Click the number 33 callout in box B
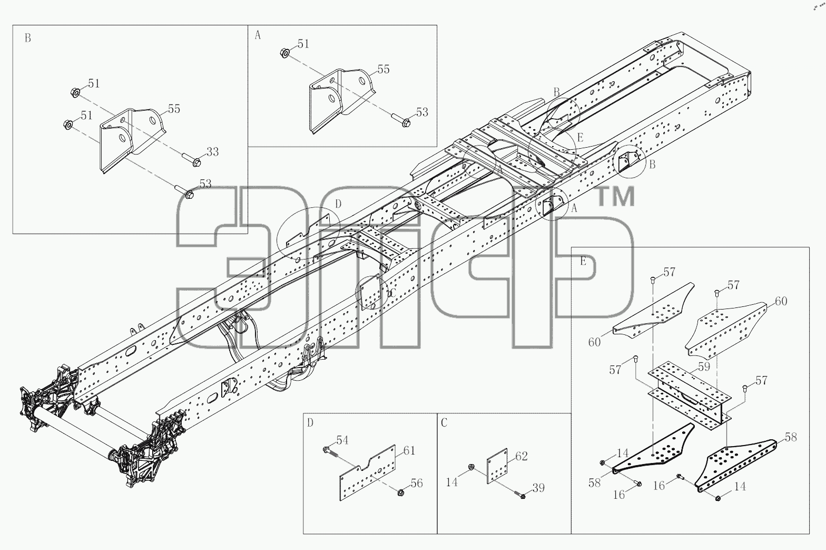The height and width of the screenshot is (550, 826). (x=212, y=152)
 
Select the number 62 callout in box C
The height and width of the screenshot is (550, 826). (x=522, y=457)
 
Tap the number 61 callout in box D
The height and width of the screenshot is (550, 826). (x=409, y=451)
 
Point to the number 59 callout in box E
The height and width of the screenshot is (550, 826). (x=704, y=366)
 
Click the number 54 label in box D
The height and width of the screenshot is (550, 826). (x=342, y=440)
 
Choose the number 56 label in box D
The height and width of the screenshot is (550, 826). (x=417, y=483)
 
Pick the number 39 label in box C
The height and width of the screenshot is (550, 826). (x=538, y=488)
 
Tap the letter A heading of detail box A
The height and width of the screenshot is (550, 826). (x=258, y=35)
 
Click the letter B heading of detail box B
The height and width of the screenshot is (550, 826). (x=27, y=38)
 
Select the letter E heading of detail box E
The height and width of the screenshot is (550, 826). (x=583, y=261)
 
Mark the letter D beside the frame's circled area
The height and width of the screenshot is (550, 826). (x=338, y=204)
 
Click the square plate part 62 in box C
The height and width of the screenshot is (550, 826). (x=497, y=466)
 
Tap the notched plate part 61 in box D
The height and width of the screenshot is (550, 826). (x=367, y=473)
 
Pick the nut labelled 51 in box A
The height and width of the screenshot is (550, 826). (x=284, y=53)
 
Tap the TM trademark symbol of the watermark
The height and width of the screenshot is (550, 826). (x=616, y=196)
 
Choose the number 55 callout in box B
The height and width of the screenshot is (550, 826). (x=174, y=109)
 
